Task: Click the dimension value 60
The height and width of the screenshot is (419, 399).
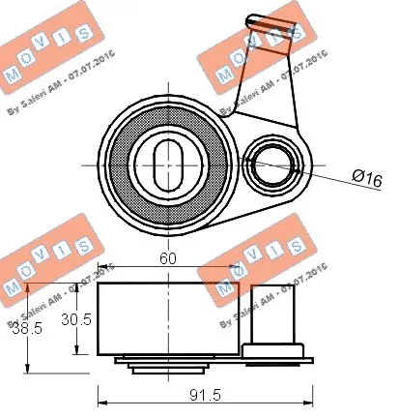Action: (168, 258)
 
